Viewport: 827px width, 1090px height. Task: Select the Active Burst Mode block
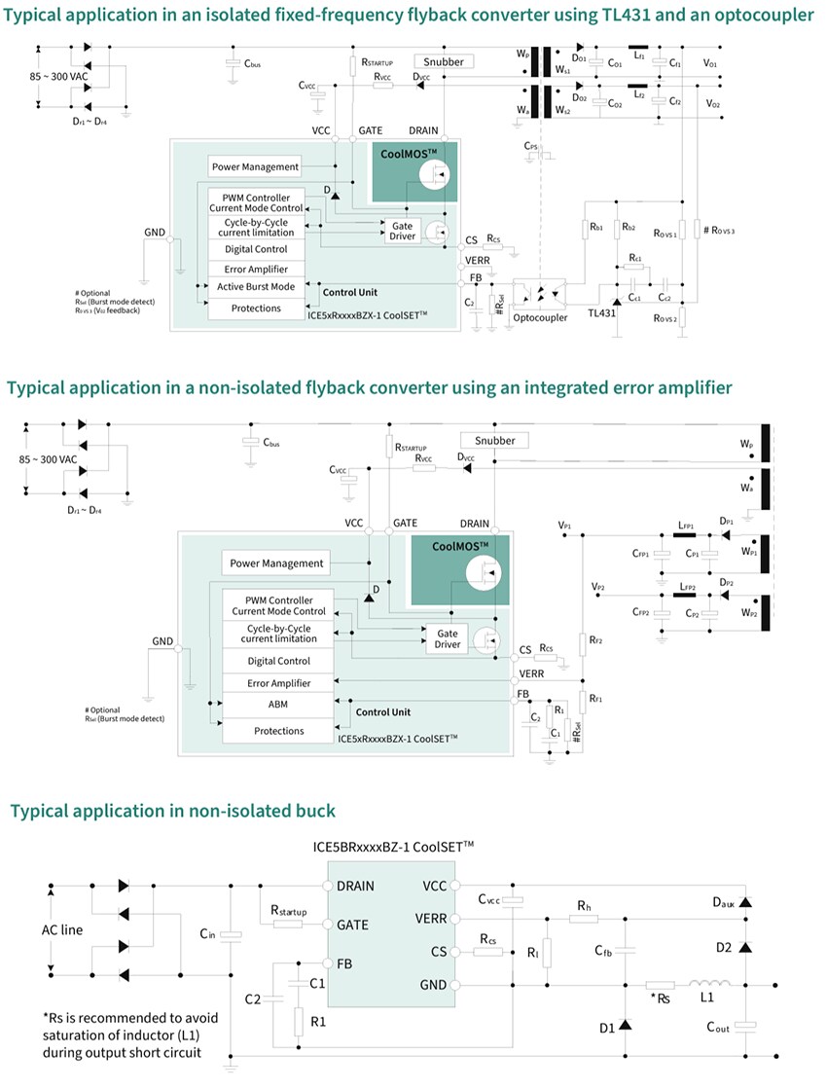[256, 287]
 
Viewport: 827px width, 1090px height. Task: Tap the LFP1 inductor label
[687, 524]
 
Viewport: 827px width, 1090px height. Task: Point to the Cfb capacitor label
[605, 950]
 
